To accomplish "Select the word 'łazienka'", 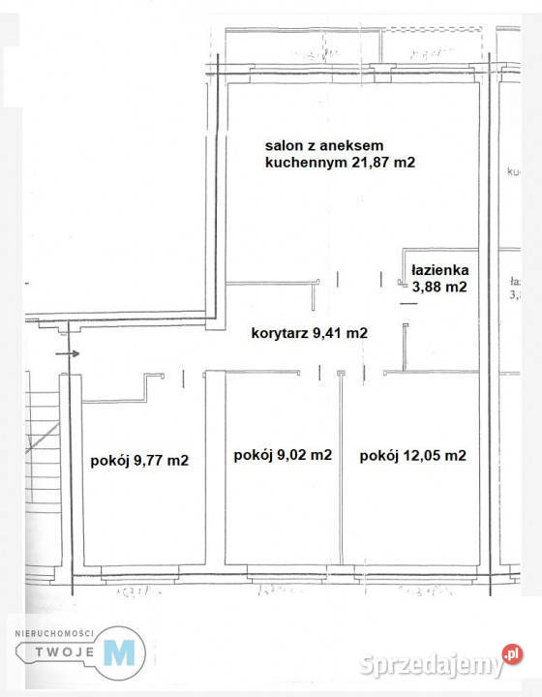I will [x=438, y=270].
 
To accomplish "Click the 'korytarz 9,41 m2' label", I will [x=309, y=333].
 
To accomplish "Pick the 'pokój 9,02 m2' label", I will [x=284, y=455].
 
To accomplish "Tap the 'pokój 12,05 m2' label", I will [x=413, y=455].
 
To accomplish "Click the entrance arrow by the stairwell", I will [x=69, y=354].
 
